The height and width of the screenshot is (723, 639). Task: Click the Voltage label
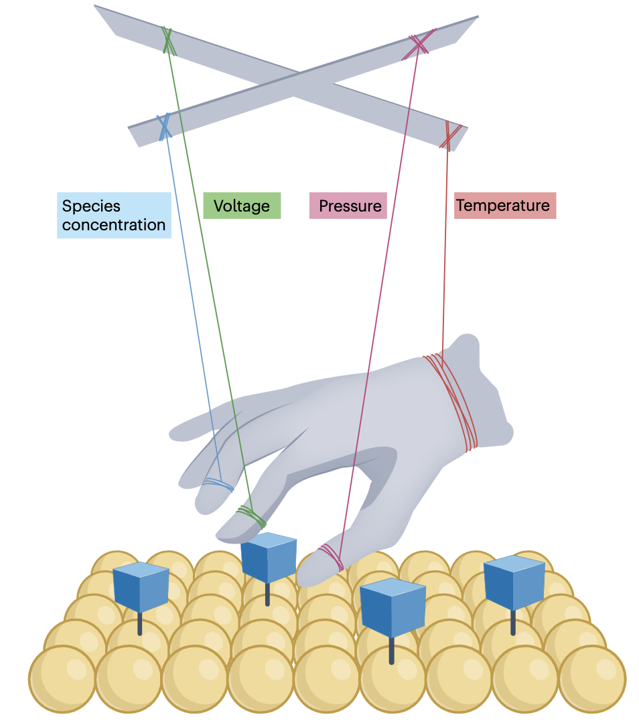241,206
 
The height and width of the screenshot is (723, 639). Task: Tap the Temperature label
506,205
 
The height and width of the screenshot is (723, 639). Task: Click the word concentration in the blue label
114,225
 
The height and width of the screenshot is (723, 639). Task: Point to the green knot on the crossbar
167,39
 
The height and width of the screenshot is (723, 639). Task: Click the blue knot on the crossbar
163,126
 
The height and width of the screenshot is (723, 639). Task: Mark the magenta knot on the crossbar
419,44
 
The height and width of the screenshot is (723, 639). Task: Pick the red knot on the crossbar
449,135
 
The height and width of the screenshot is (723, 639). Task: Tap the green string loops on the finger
251,516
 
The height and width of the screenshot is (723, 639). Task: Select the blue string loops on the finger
218,483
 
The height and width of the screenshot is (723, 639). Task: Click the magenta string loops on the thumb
330,554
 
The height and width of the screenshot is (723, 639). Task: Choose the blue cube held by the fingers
268,557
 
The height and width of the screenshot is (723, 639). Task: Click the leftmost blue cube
141,587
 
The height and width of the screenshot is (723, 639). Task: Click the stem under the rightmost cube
513,623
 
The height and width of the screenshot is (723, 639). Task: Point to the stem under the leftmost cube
140,624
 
